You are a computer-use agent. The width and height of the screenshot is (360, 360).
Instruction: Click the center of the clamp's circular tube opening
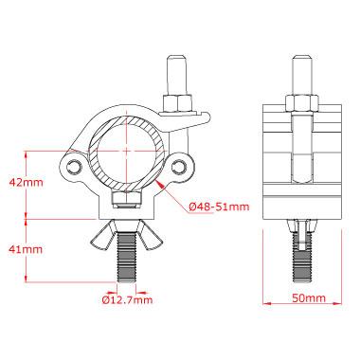point(126,151)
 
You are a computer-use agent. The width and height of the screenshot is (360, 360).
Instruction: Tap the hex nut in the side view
point(300,99)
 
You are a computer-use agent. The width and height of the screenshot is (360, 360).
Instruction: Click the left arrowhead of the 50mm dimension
point(263,305)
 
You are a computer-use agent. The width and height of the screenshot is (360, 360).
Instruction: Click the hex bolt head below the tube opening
point(126,201)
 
